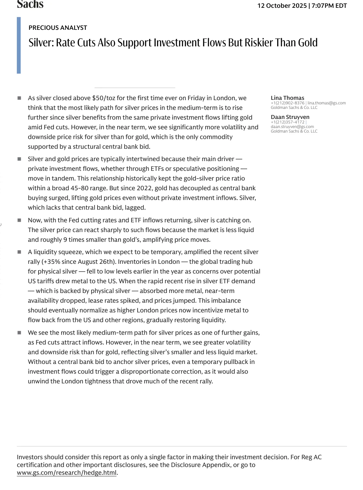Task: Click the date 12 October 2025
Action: [282, 6]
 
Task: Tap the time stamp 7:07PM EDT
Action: [329, 6]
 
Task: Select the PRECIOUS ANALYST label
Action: [58, 28]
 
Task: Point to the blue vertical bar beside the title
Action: [19, 45]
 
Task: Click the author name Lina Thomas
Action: [287, 98]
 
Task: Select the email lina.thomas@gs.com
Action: [326, 103]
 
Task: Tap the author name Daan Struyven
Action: [290, 117]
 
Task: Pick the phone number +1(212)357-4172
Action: [287, 122]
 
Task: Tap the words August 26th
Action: [98, 262]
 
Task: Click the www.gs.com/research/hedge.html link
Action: [66, 473]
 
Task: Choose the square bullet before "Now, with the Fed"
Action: [19, 220]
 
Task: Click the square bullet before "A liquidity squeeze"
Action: [19, 252]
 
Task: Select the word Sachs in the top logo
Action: [30, 4]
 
